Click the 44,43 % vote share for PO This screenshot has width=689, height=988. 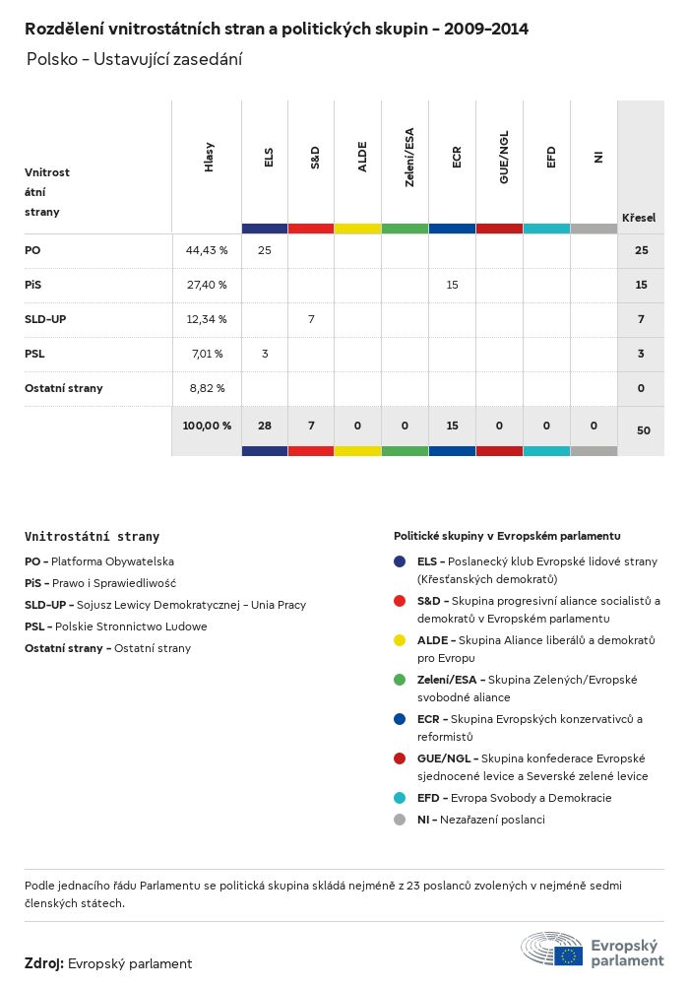pos(207,251)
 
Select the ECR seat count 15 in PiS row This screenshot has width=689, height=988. pos(453,285)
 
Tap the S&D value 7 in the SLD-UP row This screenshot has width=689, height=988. pos(311,319)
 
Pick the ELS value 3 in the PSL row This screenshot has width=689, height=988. pos(265,354)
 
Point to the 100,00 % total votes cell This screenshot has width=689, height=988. pos(207,426)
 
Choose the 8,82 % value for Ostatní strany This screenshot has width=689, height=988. pos(207,388)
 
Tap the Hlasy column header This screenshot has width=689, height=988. pos(209,158)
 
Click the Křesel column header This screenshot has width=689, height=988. pos(639,218)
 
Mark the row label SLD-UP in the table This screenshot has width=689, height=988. pos(45,319)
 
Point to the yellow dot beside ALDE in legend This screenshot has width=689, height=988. pos(400,640)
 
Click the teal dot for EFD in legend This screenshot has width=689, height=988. pos(400,798)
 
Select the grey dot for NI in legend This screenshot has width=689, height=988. pos(400,820)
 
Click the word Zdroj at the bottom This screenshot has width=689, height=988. pos(43,963)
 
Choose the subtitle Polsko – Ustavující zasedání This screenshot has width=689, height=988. pos(134,59)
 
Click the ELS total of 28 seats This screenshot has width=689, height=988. pos(265,426)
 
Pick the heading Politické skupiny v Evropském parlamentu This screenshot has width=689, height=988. pos(507,536)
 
